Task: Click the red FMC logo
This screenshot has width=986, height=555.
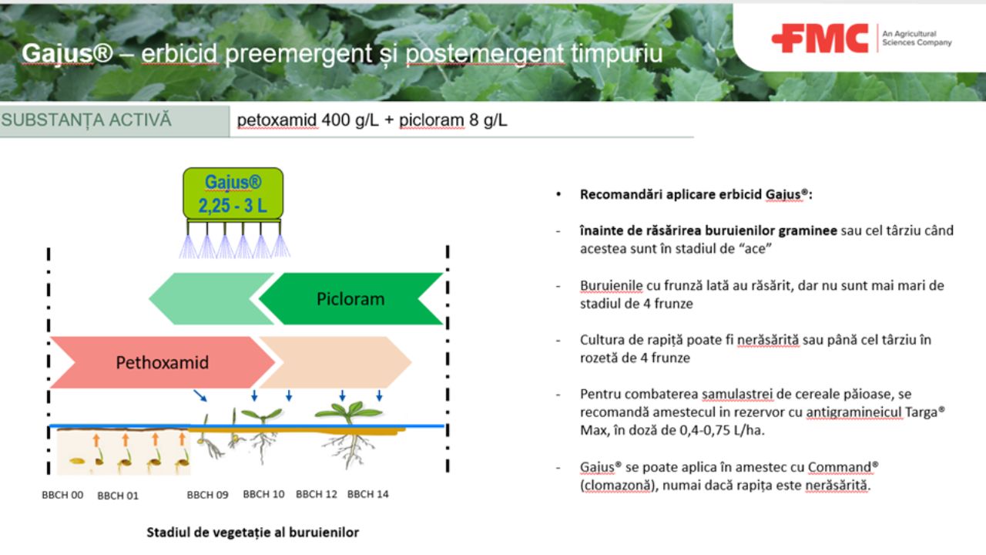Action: pyautogui.click(x=820, y=39)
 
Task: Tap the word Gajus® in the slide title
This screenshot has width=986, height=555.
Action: pyautogui.click(x=67, y=54)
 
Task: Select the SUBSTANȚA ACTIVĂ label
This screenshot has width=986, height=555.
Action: pyautogui.click(x=86, y=119)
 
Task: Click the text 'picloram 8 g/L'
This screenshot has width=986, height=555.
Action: pyautogui.click(x=453, y=120)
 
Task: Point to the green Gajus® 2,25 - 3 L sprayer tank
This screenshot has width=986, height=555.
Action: pyautogui.click(x=233, y=193)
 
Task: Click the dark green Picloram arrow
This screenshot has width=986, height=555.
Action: pyautogui.click(x=350, y=298)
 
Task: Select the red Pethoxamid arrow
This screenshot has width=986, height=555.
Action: pyautogui.click(x=163, y=362)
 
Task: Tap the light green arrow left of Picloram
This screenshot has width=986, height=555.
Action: pyautogui.click(x=210, y=298)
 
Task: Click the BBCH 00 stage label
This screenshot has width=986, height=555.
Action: pyautogui.click(x=62, y=495)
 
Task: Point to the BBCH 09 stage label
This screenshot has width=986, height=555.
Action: pyautogui.click(x=208, y=495)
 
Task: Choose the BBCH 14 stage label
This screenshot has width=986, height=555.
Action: pyautogui.click(x=368, y=494)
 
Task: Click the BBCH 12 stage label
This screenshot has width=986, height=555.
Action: pyautogui.click(x=317, y=494)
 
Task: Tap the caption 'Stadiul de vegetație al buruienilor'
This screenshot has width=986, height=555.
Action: pyautogui.click(x=253, y=533)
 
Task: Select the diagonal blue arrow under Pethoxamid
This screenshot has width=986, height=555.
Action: pyautogui.click(x=200, y=395)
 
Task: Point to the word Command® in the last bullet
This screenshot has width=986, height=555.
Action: pyautogui.click(x=843, y=467)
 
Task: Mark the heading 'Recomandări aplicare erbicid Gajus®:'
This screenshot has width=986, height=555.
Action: pyautogui.click(x=696, y=195)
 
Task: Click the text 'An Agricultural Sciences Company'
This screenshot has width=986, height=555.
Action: pyautogui.click(x=917, y=39)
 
